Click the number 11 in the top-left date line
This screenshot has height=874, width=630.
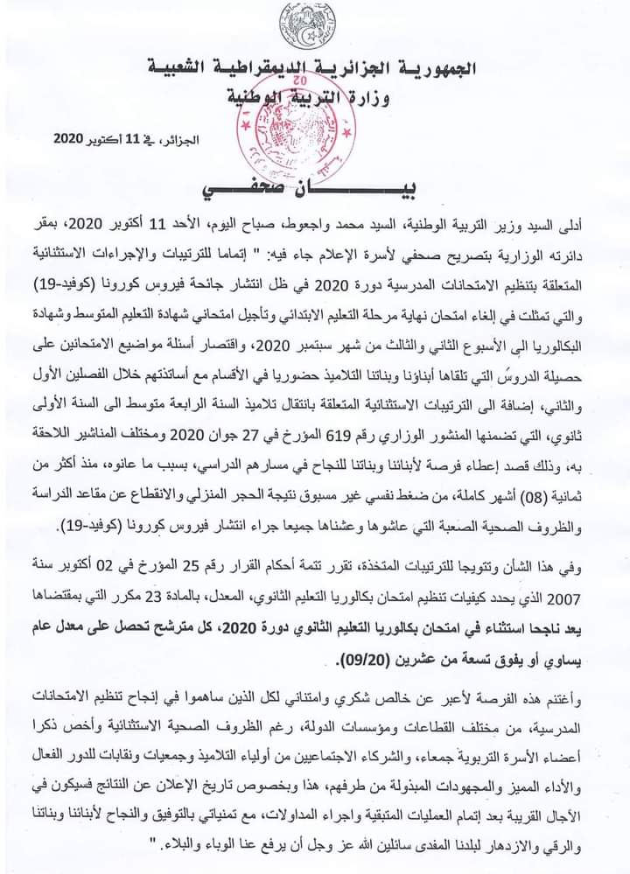pos(130,140)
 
